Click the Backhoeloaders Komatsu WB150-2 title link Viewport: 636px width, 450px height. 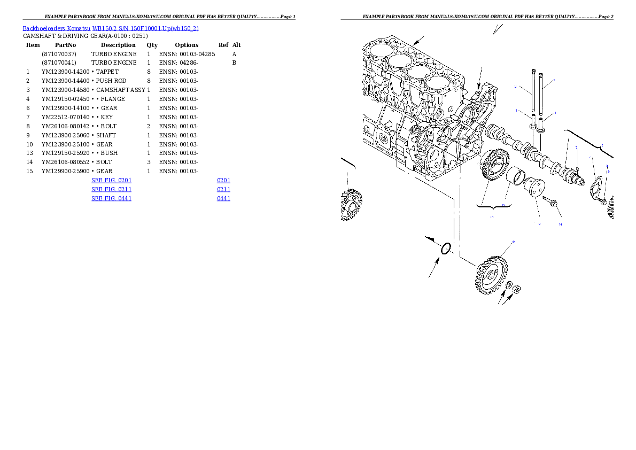click(111, 28)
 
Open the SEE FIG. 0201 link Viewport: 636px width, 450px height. click(111, 181)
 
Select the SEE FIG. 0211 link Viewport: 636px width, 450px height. click(111, 189)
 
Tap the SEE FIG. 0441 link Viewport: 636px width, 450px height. click(111, 198)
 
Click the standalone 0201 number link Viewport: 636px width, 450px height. click(223, 181)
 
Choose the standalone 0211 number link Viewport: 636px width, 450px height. click(223, 189)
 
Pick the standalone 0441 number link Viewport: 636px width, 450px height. click(223, 198)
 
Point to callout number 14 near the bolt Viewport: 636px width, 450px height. click(560, 224)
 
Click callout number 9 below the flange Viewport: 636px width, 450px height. click(539, 224)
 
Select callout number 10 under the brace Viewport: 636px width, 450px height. click(492, 217)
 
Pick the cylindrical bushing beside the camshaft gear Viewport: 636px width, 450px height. click(515, 176)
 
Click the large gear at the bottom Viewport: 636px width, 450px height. click(490, 275)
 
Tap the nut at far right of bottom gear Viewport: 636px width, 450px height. click(517, 289)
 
